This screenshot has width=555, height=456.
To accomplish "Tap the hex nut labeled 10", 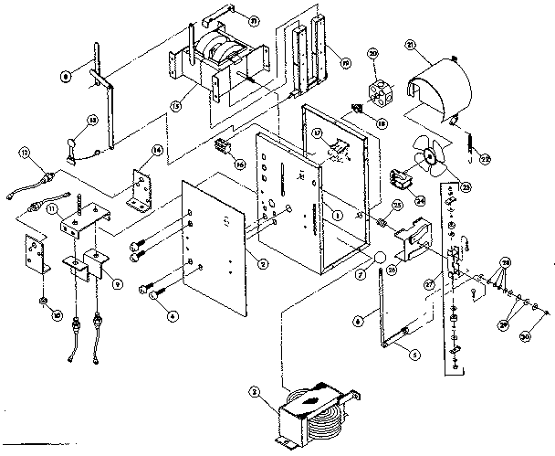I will pyautogui.click(x=44, y=301).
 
